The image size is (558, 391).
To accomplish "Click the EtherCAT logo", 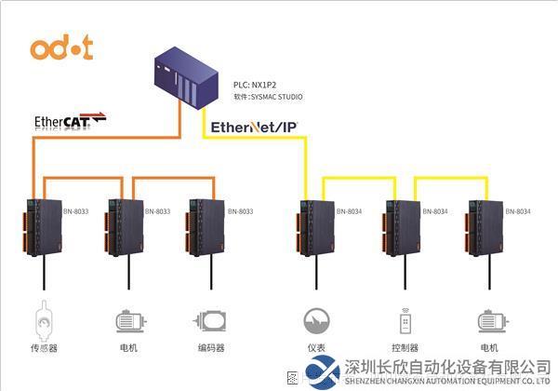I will click(70, 120).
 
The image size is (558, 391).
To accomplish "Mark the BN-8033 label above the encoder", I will click(239, 211).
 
